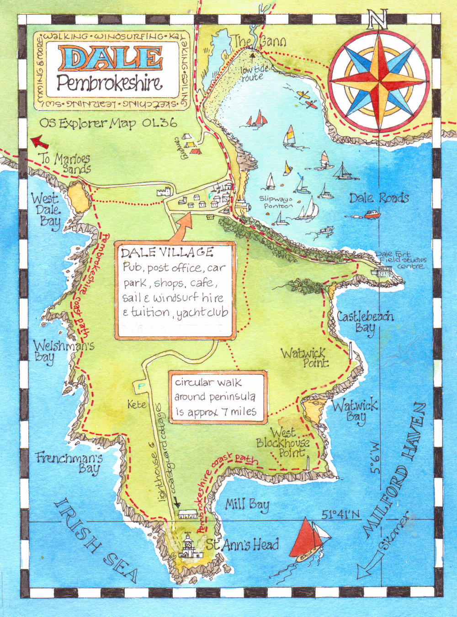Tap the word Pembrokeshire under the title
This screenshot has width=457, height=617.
coord(110,84)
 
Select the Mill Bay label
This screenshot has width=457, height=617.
coord(247,505)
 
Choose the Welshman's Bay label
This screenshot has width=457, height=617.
coord(63,351)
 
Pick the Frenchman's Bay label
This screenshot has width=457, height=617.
coord(68,463)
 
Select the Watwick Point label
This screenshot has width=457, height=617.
coord(304,357)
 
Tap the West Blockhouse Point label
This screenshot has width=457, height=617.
coord(283,442)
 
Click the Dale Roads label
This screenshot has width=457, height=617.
coord(379,198)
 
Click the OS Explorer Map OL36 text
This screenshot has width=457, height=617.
coord(108,123)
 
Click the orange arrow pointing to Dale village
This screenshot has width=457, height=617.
coord(182,226)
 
